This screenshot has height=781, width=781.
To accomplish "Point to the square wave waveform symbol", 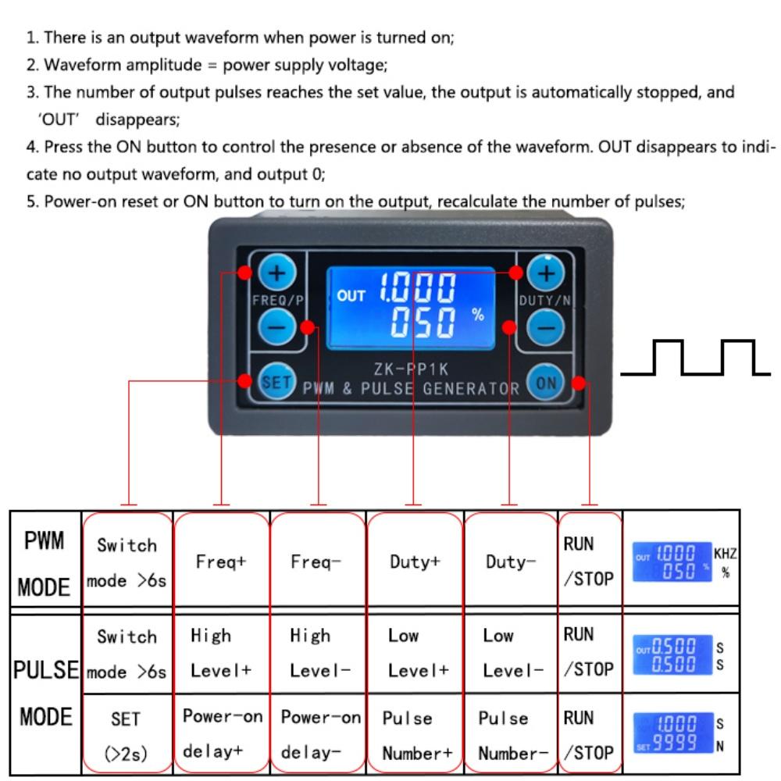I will point(696,358).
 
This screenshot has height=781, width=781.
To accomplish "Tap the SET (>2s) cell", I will point(127,734).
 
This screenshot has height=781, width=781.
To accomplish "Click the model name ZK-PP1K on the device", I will point(411,369).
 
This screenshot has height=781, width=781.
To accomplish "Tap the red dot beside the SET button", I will point(245,381).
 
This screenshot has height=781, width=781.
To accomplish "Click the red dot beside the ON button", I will point(579,382).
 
